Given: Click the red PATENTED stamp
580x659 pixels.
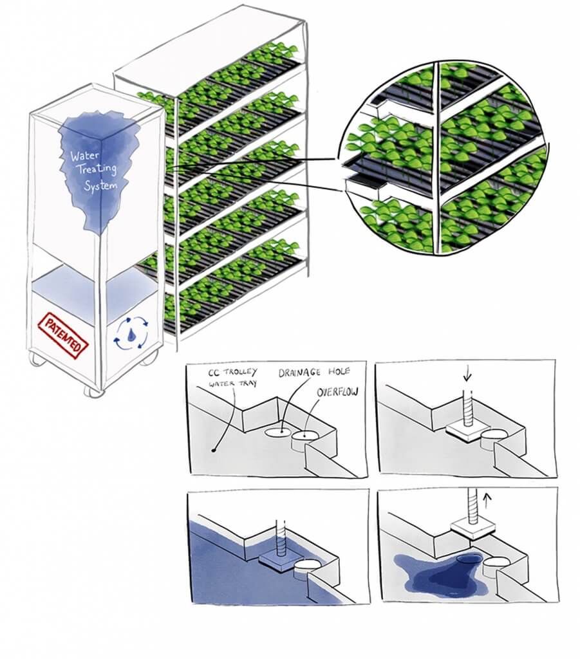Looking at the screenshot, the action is tap(63, 335).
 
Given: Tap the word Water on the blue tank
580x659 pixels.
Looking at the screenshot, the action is tap(79, 156).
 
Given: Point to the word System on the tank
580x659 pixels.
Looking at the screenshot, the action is tap(101, 185).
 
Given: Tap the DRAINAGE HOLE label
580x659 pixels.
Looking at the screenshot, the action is tap(314, 372).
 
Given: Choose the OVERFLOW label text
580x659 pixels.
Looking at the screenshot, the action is tap(338, 392).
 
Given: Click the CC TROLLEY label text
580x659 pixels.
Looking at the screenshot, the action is tap(232, 373).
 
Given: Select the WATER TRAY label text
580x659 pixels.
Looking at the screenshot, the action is tap(232, 384).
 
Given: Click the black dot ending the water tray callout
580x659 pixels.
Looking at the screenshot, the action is tap(214, 450).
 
